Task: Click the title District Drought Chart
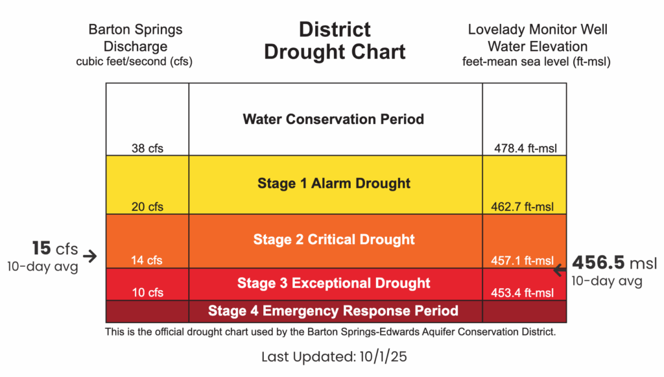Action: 335,41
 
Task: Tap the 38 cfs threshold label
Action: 147,148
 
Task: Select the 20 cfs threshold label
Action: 147,207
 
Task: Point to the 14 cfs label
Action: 147,260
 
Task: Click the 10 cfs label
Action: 147,292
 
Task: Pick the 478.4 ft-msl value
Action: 525,148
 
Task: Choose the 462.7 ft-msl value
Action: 522,207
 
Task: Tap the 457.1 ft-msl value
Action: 522,260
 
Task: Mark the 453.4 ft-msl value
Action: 522,293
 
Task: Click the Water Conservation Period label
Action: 333,119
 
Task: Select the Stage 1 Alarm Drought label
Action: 334,184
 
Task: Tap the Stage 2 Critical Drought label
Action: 334,239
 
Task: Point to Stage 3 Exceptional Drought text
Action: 334,283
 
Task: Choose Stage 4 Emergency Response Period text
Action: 333,311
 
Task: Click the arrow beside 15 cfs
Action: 89,256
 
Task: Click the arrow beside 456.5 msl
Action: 560,270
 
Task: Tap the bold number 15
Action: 41,249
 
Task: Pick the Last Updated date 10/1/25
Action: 383,357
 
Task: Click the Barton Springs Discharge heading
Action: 136,38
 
